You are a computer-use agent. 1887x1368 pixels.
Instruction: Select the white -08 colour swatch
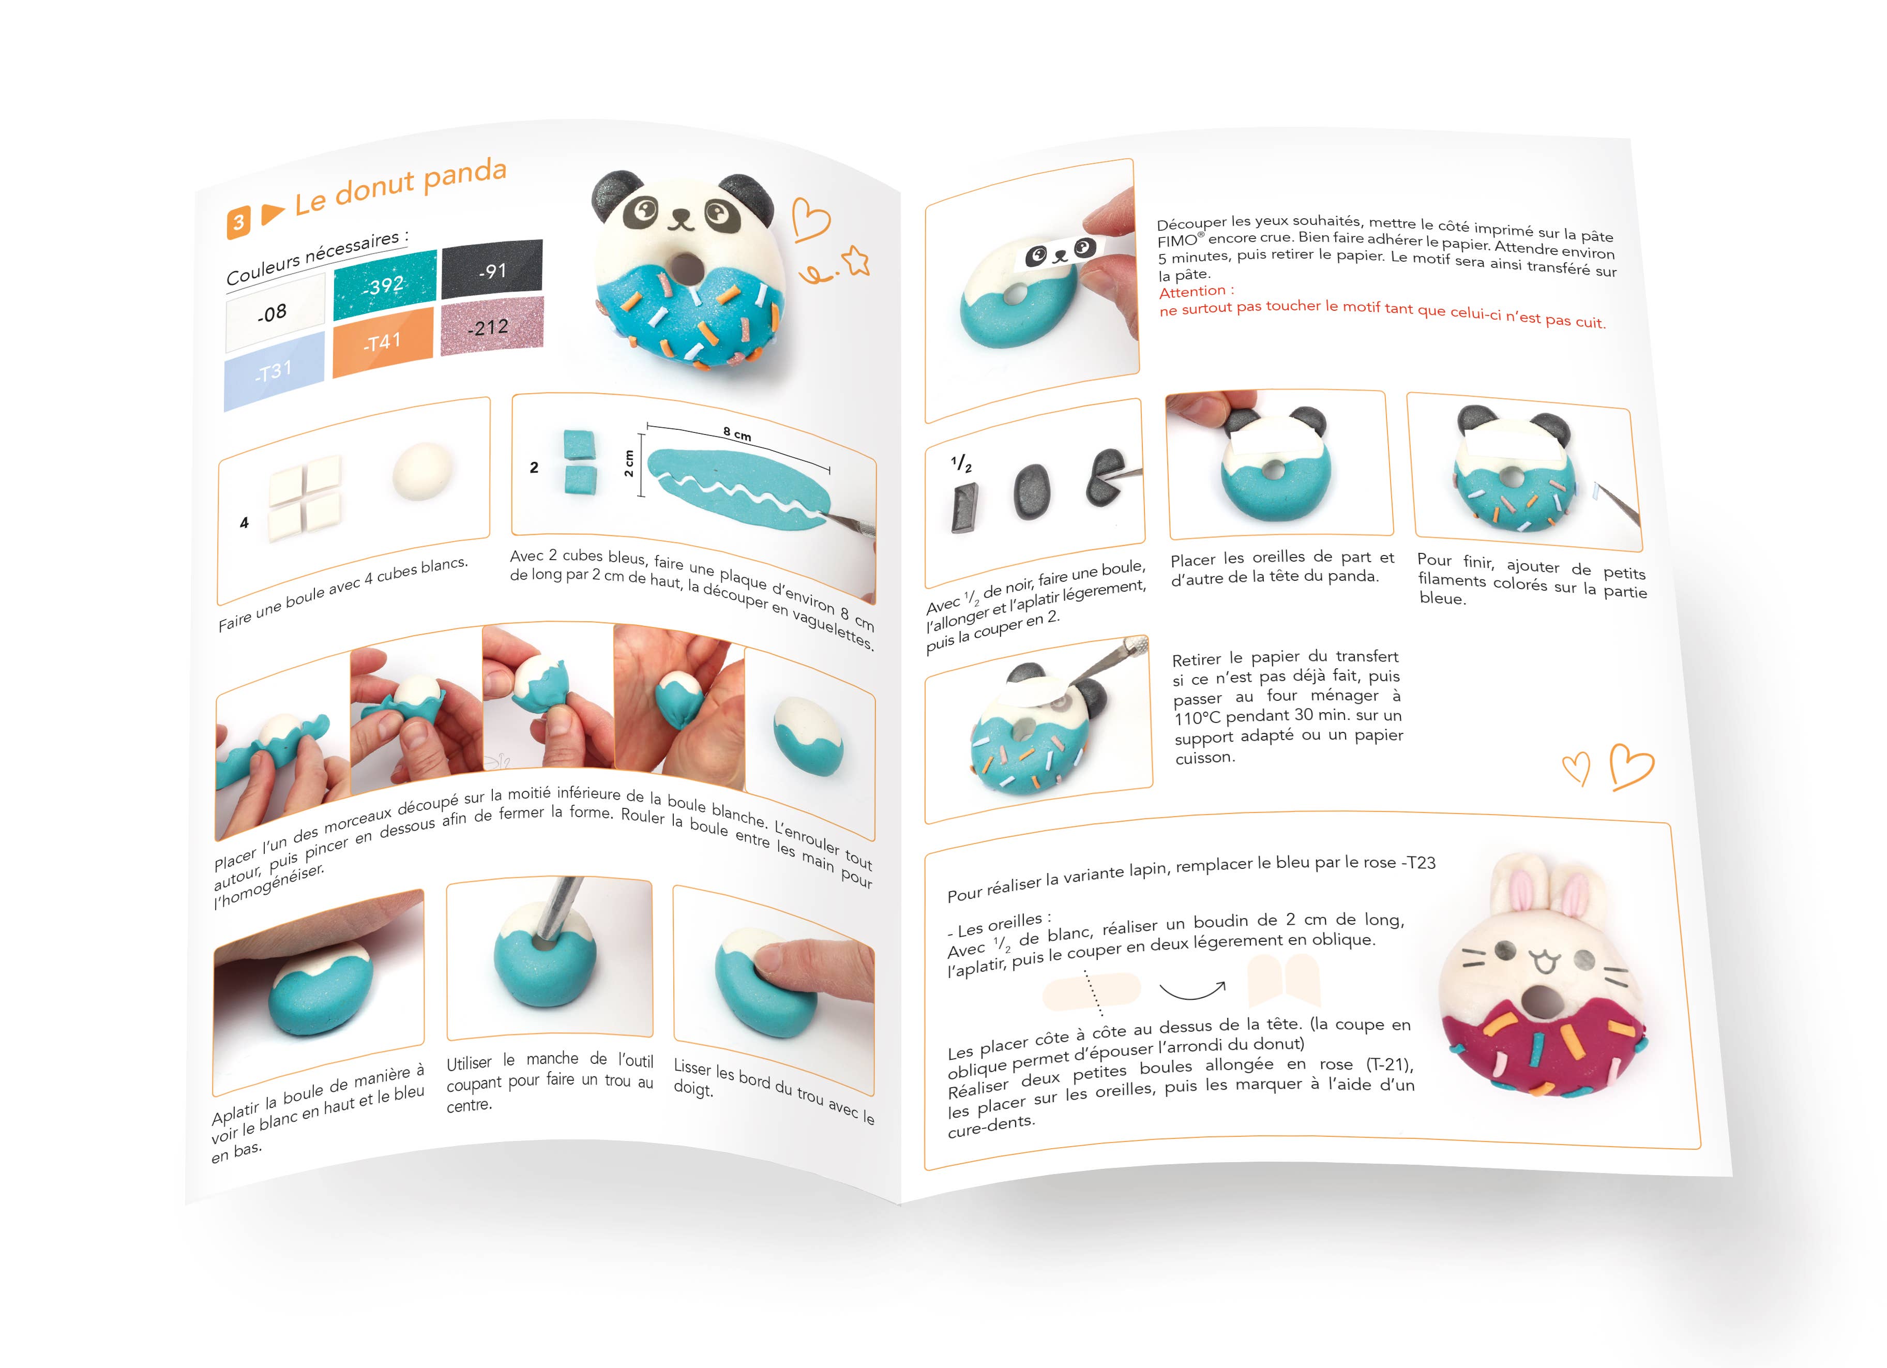274,312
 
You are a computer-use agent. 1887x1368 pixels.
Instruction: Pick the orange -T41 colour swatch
383,341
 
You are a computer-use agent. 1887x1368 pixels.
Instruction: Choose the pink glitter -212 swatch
491,326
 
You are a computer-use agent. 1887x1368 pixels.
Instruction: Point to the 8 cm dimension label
737,433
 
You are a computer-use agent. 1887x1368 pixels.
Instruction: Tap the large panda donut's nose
682,218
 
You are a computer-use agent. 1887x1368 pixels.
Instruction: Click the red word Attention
1196,291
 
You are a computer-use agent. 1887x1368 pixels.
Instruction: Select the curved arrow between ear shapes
1191,990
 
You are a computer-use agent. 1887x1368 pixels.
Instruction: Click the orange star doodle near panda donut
856,261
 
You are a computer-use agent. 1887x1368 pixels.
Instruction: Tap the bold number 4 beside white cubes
244,522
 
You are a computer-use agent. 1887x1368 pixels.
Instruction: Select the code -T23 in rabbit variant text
1418,863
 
